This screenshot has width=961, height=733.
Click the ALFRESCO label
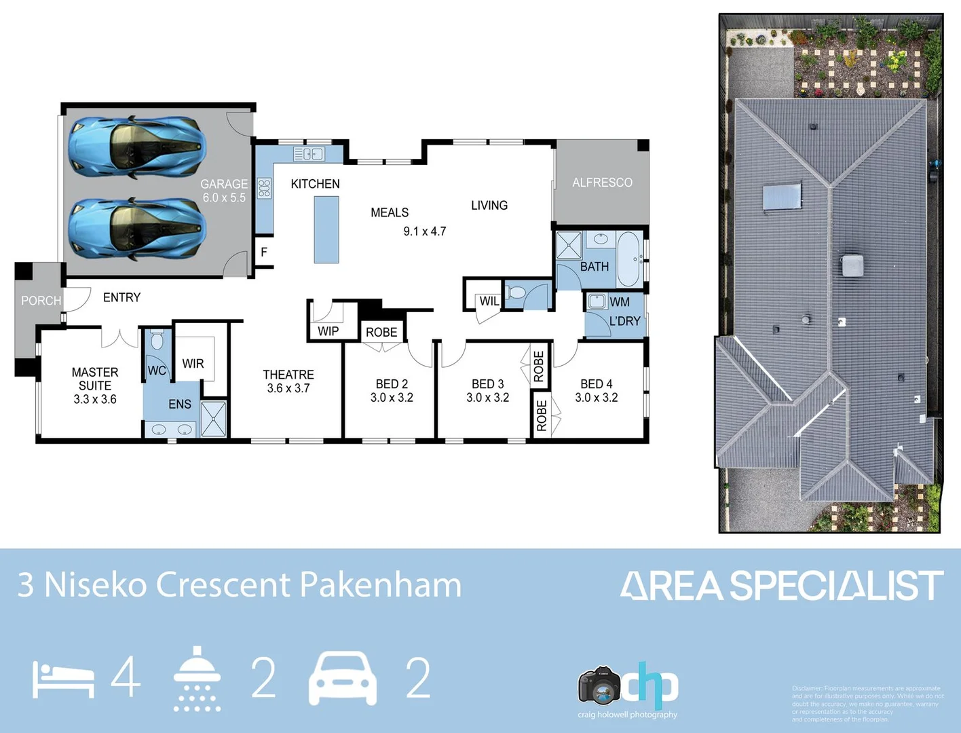[x=602, y=183]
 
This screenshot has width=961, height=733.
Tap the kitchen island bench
[x=326, y=229]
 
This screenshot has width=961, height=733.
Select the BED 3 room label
[x=487, y=384]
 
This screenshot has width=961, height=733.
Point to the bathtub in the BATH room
[x=628, y=259]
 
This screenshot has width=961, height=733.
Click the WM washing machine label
[x=620, y=302]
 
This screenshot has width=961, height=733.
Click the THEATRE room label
[x=288, y=375]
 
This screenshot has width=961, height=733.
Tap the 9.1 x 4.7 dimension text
[x=425, y=231]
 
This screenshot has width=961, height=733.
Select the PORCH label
[x=41, y=301]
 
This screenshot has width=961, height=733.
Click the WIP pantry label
[x=328, y=331]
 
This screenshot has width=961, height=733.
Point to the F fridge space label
[x=264, y=252]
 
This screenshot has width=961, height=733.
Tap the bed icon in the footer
[x=64, y=679]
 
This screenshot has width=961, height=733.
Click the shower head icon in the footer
[x=197, y=679]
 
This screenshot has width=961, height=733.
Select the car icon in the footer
[x=343, y=678]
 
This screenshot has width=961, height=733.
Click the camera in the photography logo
[x=599, y=686]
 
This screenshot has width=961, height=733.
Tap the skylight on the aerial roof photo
[x=782, y=197]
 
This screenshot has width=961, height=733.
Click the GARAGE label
[x=224, y=184]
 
